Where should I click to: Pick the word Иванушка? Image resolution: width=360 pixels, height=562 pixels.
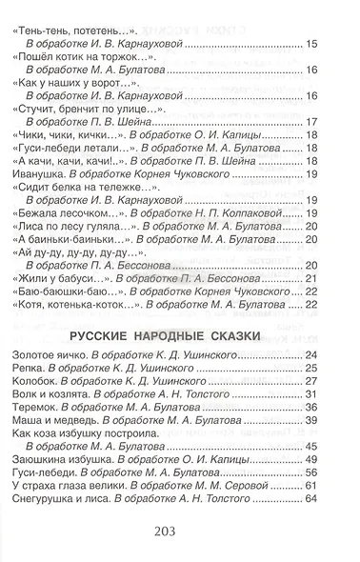(42, 203)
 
